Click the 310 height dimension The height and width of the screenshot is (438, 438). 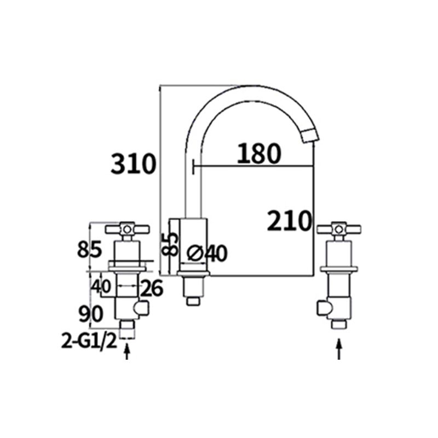(x=133, y=164)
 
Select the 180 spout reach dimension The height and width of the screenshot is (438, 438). (x=258, y=155)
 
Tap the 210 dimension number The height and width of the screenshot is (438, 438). (x=289, y=221)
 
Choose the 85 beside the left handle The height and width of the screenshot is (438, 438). (x=89, y=250)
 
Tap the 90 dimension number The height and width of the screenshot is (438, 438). (x=90, y=314)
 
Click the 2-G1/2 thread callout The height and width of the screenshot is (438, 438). (x=89, y=343)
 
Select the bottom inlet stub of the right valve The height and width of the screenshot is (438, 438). (x=339, y=324)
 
